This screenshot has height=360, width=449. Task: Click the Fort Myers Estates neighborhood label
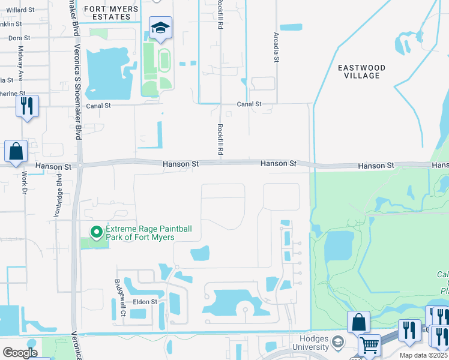[111, 13]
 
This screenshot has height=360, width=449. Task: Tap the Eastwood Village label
[361, 71]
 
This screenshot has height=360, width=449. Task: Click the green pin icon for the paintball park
[96, 232]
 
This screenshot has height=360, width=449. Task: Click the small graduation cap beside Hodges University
[339, 343]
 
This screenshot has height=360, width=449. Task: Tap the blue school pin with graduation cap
[161, 28]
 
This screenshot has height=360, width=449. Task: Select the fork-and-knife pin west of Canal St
[27, 106]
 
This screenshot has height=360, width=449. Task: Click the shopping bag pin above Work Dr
[16, 152]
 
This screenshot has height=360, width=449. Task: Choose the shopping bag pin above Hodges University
[358, 322]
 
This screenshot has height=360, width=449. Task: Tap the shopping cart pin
[369, 345]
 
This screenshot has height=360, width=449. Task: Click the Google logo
[20, 353]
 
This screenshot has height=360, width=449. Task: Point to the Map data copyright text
[420, 355]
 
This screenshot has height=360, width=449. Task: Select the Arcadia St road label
[276, 47]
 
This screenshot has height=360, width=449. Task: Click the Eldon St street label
[145, 302]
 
